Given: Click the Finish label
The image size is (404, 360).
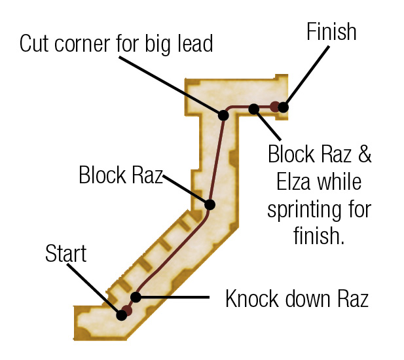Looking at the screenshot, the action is click(331, 31).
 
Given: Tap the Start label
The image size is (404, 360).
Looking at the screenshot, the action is click(65, 253).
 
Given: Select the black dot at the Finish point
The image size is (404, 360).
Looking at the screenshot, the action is click(283, 107).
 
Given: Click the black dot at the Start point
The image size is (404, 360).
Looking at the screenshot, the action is click(121, 315).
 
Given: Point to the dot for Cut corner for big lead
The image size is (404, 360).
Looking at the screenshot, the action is click(223, 115).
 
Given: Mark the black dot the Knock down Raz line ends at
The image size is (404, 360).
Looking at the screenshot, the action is click(136, 297).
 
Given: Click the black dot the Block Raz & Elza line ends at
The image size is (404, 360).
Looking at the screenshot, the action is click(254, 109).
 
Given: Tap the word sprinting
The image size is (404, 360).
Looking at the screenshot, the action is click(301, 210).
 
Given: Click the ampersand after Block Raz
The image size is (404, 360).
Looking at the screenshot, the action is click(364, 154).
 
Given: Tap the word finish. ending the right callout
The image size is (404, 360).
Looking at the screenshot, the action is click(319, 236).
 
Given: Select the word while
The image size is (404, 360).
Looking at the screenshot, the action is click(339, 182).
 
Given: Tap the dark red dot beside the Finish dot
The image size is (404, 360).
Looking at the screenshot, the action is click(274, 107).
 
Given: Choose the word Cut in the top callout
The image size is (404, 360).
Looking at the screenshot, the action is click(34, 43).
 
